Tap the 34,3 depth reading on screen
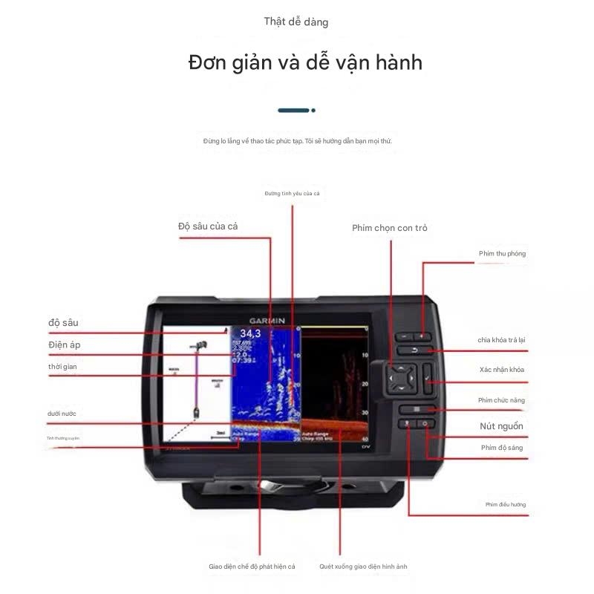pos(249,333)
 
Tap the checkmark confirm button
pos(428,381)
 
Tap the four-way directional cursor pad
pos(400,377)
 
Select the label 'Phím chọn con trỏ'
pos(389,228)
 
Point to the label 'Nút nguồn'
pos(501,426)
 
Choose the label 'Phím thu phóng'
pos(502,254)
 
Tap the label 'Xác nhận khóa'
pos(502,369)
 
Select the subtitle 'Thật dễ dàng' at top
pos(296,22)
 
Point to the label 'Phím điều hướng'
pos(506,504)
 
